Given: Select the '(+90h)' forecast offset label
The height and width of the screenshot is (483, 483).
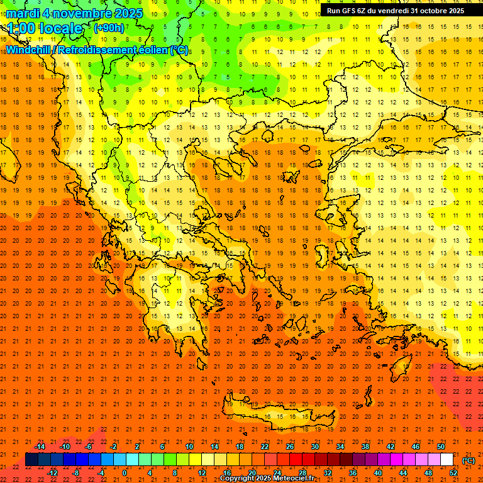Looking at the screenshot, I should pyautogui.click(x=109, y=28).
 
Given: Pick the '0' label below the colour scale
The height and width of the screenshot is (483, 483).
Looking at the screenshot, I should pyautogui.click(x=125, y=473).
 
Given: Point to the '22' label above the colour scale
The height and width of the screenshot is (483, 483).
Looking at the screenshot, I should pyautogui.click(x=265, y=447).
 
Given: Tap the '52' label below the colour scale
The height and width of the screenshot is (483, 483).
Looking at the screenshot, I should pyautogui.click(x=453, y=473).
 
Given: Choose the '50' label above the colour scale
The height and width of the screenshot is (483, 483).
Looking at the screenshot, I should pyautogui.click(x=440, y=447).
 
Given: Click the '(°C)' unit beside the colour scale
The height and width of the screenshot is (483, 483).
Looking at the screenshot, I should pyautogui.click(x=469, y=460).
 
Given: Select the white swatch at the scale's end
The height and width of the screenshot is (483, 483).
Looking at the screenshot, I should pyautogui.click(x=447, y=460).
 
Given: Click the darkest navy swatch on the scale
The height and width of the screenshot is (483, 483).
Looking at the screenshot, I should pyautogui.click(x=31, y=460).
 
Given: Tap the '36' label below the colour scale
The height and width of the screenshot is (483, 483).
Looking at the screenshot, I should pyautogui.click(x=353, y=473).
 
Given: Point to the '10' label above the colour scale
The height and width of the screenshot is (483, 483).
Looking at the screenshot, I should pyautogui.click(x=189, y=447).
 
